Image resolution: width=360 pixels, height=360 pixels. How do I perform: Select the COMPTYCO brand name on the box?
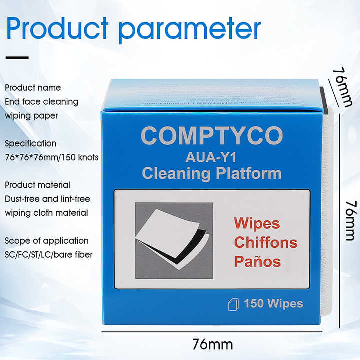pyautogui.click(x=212, y=136)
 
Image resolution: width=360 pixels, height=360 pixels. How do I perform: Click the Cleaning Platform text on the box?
pyautogui.click(x=212, y=173)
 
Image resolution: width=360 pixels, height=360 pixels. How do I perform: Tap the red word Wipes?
pyautogui.click(x=257, y=223)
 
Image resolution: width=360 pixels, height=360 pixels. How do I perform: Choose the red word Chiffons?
pyautogui.click(x=265, y=243)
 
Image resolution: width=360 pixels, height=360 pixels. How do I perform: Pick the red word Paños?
pyautogui.click(x=257, y=261)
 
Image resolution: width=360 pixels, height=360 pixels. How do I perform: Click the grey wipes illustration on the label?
pyautogui.click(x=174, y=240)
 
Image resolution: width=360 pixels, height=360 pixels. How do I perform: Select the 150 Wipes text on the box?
pyautogui.click(x=273, y=303)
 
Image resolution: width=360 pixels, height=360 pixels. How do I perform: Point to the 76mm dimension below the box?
pyautogui.click(x=212, y=345)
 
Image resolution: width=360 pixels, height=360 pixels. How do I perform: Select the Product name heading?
pyautogui.click(x=33, y=88)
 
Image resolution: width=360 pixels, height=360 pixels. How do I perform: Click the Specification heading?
pyautogui.click(x=31, y=143)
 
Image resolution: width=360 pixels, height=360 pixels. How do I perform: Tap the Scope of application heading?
pyautogui.click(x=47, y=241)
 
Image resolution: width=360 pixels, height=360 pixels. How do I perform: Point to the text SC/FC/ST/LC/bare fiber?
pyautogui.click(x=49, y=255)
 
